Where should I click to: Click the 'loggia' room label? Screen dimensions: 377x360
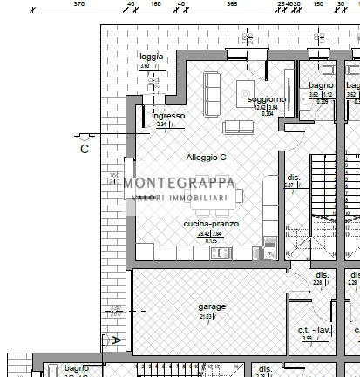coord(152,57)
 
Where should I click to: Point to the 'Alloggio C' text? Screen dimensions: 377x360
coord(206,158)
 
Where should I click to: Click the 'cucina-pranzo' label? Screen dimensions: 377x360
coord(211,224)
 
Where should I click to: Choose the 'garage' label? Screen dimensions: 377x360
coord(212,306)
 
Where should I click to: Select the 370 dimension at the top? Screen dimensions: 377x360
coord(78,4)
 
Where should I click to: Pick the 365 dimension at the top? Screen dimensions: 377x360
coord(232,4)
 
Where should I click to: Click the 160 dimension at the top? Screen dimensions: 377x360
coord(156,4)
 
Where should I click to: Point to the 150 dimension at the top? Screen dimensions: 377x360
coord(318,4)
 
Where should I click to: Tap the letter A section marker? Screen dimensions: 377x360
coord(115,340)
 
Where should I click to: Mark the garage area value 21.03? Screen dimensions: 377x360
coord(207,317)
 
